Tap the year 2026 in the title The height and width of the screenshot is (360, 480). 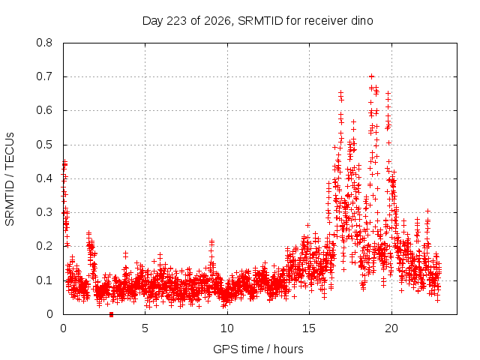click(217, 21)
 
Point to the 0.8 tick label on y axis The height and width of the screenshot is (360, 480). click(44, 43)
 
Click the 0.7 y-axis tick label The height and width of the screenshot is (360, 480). click(44, 76)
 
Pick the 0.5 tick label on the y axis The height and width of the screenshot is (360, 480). click(44, 145)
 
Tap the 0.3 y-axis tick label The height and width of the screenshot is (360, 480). click(44, 212)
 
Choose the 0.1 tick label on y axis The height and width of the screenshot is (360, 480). click(44, 280)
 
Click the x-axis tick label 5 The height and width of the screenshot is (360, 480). click(145, 328)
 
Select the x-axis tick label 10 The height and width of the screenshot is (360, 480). click(227, 328)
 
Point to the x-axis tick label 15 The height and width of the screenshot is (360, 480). click(309, 328)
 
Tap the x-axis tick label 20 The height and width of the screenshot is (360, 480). click(391, 328)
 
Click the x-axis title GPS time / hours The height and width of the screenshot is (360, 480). click(258, 349)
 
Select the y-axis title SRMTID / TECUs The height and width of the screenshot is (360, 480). click(10, 179)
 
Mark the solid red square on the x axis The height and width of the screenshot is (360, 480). click(112, 315)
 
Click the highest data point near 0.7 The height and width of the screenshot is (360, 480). click(372, 76)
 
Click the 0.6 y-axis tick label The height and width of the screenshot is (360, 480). click(44, 110)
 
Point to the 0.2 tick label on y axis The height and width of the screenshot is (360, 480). click(44, 246)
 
